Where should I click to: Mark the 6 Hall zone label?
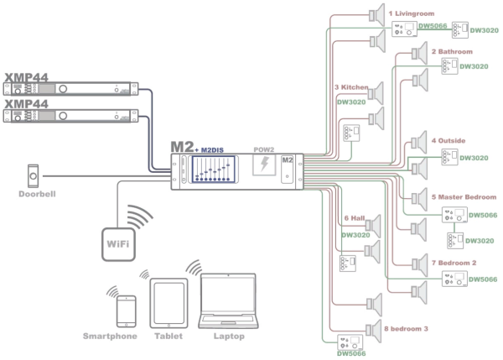(x=355, y=218)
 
